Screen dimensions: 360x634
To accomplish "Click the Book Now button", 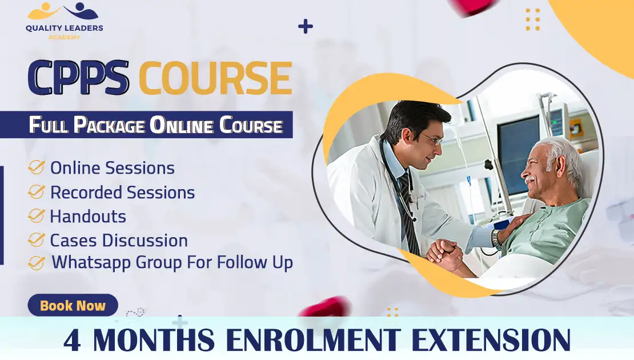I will [73, 306].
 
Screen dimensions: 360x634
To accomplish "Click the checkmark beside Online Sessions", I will [37, 167].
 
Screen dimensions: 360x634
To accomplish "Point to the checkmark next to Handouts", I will [37, 216].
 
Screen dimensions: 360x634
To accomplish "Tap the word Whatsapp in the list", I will [92, 262].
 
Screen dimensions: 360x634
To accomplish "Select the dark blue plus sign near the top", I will [306, 26].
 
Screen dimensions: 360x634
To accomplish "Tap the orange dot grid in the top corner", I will [532, 19].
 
